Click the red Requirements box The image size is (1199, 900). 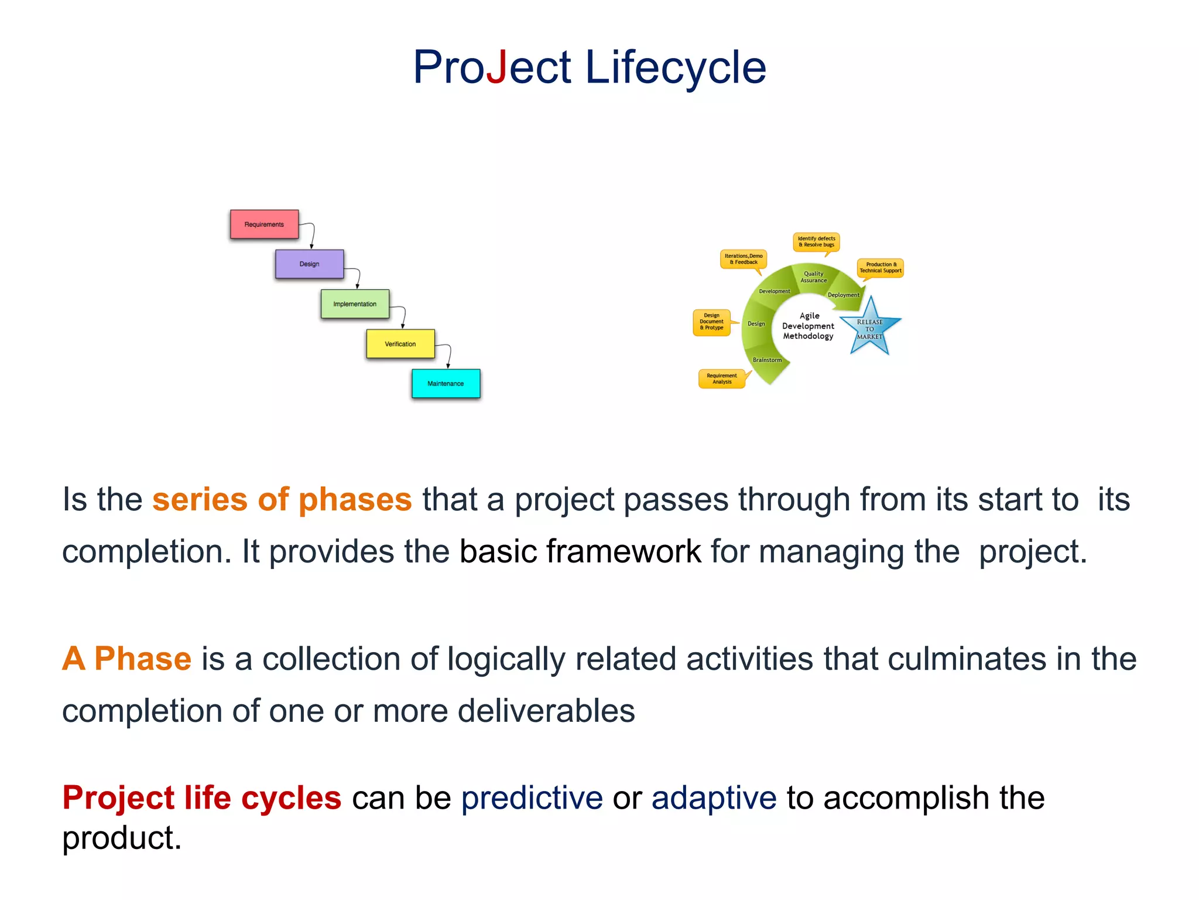pos(264,224)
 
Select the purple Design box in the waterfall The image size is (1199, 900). pos(309,264)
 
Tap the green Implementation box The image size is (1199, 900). pos(355,304)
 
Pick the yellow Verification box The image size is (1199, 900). pos(400,344)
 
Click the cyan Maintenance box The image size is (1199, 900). pos(446,384)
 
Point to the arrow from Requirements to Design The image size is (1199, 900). pos(312,234)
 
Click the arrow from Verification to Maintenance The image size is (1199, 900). pos(448,355)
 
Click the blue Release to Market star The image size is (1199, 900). pos(870,328)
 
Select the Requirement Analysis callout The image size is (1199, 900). pos(722,379)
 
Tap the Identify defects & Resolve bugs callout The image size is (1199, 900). pos(816,241)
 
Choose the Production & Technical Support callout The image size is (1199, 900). pos(881,268)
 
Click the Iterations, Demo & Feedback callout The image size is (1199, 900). pos(743,259)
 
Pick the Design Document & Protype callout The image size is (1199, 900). pos(711,322)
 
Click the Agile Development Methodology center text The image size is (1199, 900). pos(809,326)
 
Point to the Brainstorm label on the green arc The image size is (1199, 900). pos(767,360)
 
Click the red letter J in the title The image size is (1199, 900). pos(497,67)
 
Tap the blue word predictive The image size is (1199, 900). pos(532,798)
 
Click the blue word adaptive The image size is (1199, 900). pos(714,798)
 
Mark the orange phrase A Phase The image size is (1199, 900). pos(126,659)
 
